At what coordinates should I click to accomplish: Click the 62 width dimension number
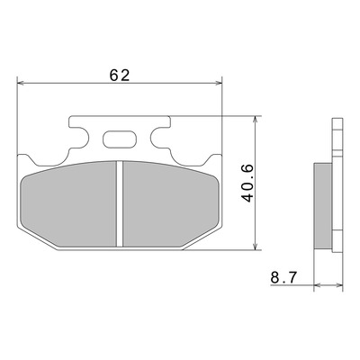(x=120, y=75)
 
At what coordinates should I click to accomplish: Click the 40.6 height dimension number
(x=248, y=183)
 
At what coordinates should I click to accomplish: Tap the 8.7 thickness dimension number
(x=283, y=277)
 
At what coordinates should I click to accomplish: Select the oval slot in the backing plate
(x=120, y=139)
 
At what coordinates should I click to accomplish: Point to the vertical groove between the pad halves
(x=120, y=204)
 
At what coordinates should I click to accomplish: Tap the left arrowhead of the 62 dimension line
(x=21, y=83)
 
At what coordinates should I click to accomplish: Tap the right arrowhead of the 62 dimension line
(x=219, y=83)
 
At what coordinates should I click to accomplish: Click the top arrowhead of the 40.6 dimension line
(x=255, y=119)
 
